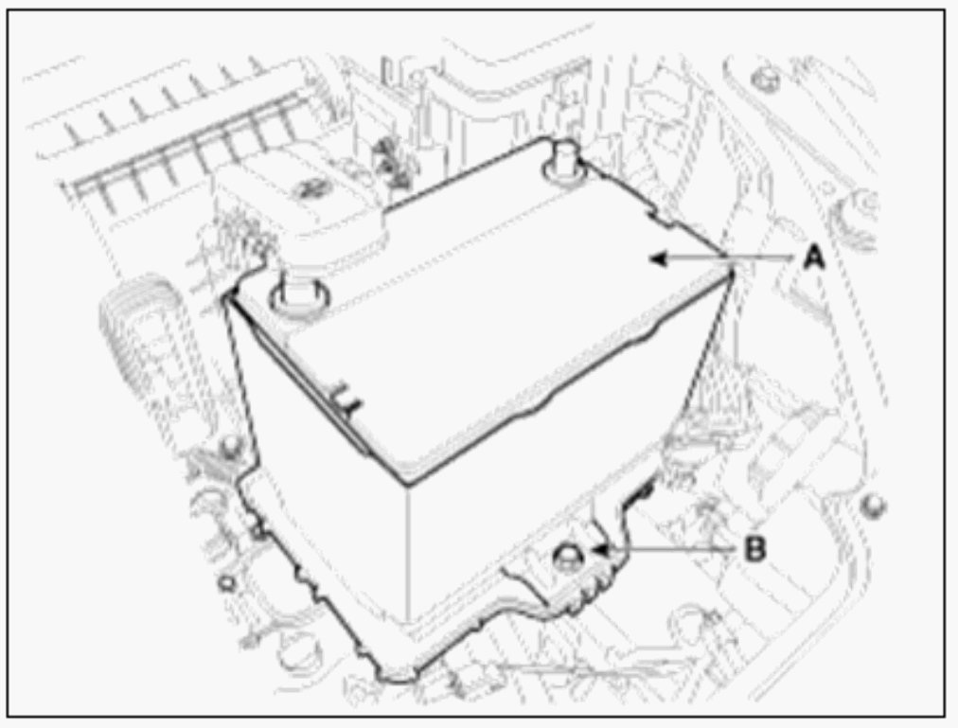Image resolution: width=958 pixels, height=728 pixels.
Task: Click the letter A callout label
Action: tap(813, 257)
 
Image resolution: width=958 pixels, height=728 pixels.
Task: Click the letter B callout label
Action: tap(755, 548)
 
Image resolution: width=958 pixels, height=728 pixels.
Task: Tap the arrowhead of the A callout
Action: tap(657, 258)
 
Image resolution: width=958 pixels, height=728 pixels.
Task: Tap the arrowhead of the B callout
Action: tap(601, 549)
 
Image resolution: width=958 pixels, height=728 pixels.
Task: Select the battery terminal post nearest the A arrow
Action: tap(562, 159)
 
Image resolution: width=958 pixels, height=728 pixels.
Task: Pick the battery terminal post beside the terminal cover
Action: tap(297, 293)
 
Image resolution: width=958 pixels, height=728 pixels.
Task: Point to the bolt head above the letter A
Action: tap(765, 79)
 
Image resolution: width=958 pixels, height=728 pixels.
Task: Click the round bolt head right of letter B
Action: tap(874, 505)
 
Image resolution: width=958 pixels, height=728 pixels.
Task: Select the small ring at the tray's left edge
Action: tap(226, 581)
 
